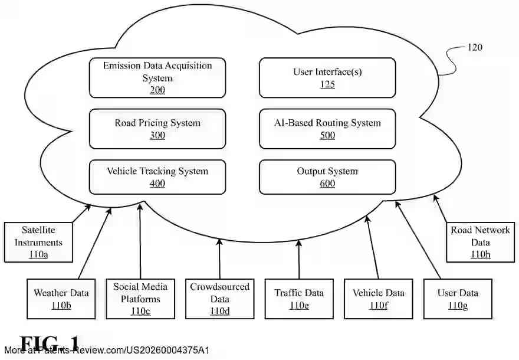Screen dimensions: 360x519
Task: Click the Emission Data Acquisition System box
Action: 157,77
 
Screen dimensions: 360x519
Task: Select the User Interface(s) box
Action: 327,77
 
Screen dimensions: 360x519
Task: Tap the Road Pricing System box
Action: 157,129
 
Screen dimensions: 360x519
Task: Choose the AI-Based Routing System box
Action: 327,129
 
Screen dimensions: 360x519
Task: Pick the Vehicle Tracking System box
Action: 157,177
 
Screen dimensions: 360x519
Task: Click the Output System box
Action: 327,177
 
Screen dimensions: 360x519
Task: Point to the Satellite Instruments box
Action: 38,242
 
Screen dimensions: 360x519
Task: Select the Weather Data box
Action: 61,298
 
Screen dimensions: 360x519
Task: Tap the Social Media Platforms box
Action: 140,298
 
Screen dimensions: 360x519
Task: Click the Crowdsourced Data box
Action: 219,298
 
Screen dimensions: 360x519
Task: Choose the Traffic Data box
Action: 299,298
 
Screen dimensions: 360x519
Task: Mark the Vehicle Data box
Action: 379,298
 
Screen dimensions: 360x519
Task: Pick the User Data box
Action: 458,298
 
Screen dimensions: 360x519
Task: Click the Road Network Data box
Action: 479,242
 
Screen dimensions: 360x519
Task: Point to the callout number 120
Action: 474,47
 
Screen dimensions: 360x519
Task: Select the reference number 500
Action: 327,136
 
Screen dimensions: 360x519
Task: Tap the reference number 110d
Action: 219,311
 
